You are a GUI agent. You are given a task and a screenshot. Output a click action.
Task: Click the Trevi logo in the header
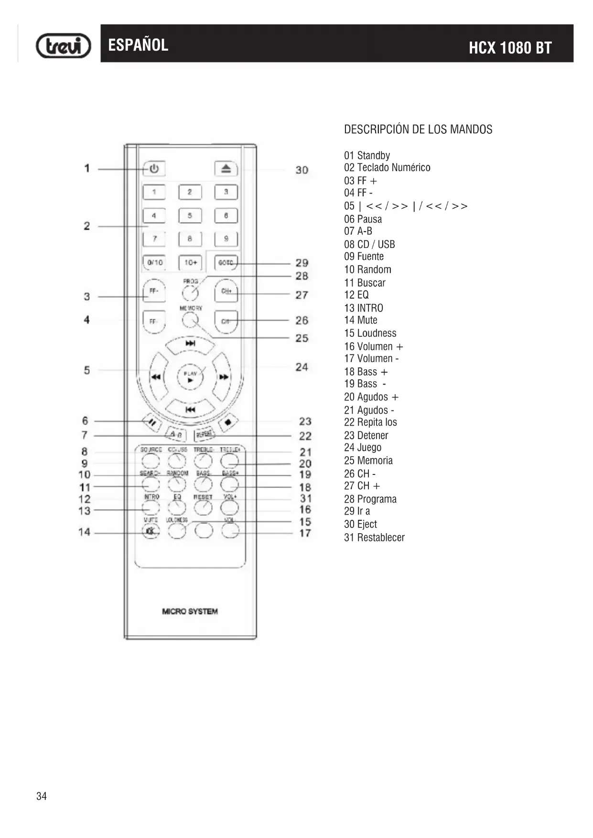coord(64,46)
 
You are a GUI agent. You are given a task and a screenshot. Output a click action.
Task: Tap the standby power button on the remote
coord(154,169)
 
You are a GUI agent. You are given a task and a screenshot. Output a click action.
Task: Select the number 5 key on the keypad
coord(190,215)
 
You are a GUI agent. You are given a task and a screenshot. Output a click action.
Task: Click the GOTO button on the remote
coord(226,263)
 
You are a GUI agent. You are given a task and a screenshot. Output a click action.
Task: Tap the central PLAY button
coord(190,377)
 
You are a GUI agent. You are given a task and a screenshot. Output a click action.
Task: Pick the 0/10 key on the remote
coord(154,263)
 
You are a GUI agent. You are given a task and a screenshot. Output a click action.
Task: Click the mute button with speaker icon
coord(151,531)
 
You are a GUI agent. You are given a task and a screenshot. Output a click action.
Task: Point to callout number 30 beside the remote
coord(302,170)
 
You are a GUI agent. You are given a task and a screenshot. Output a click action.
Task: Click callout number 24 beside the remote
coord(302,367)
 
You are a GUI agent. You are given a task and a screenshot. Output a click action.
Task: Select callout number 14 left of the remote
coord(85,532)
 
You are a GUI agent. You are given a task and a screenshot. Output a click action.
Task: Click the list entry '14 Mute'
coord(361,320)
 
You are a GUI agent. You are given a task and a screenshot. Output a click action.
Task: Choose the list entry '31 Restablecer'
coord(374,537)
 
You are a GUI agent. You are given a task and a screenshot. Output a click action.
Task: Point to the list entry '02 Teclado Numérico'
coord(387,168)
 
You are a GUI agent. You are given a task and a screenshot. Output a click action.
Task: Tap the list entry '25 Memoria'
coord(368,461)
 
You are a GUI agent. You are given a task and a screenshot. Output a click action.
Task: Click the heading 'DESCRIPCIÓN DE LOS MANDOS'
coord(418,129)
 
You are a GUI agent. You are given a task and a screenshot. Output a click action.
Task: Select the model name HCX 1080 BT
coord(510,48)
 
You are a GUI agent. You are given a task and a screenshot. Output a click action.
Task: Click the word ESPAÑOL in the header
coord(138,45)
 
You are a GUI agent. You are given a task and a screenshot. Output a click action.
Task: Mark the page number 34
coord(42,796)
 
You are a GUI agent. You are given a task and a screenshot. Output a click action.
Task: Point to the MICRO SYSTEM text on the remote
coord(190,612)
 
